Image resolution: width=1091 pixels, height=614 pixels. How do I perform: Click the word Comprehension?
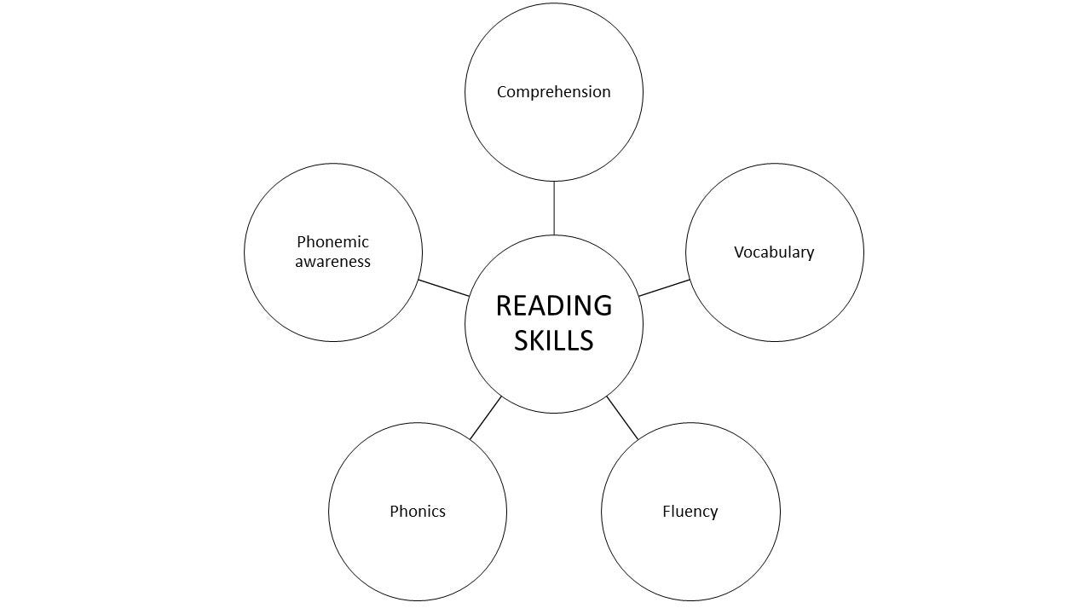[554, 92]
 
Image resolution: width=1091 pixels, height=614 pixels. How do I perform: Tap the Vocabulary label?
[774, 252]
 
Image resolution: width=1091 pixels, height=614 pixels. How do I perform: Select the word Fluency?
[690, 512]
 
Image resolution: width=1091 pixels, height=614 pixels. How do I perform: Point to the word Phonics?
[418, 512]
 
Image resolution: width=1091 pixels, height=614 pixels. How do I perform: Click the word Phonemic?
[332, 242]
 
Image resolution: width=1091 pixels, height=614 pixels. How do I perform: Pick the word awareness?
[332, 262]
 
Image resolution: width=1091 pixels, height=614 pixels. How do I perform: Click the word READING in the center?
[554, 305]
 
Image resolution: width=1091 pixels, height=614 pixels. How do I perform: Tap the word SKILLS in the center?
[554, 340]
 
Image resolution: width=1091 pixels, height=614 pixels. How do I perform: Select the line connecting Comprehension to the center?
[554, 207]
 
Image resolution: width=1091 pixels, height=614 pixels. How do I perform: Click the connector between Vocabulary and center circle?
[663, 288]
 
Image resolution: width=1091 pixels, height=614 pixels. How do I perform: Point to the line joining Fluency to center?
[622, 418]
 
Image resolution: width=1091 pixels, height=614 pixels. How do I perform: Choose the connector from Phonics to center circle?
[486, 418]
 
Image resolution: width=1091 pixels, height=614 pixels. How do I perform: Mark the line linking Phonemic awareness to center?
[444, 288]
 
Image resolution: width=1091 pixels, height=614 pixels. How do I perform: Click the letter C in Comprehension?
[502, 92]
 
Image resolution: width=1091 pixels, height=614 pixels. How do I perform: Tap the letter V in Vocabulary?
[739, 252]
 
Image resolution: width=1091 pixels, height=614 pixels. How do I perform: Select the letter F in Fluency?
[666, 512]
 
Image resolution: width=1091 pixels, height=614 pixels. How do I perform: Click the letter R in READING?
[504, 305]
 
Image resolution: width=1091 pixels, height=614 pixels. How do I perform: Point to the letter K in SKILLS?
[540, 340]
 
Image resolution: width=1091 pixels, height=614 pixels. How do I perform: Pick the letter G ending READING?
[603, 305]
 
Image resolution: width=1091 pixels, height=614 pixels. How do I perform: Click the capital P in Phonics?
[394, 512]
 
